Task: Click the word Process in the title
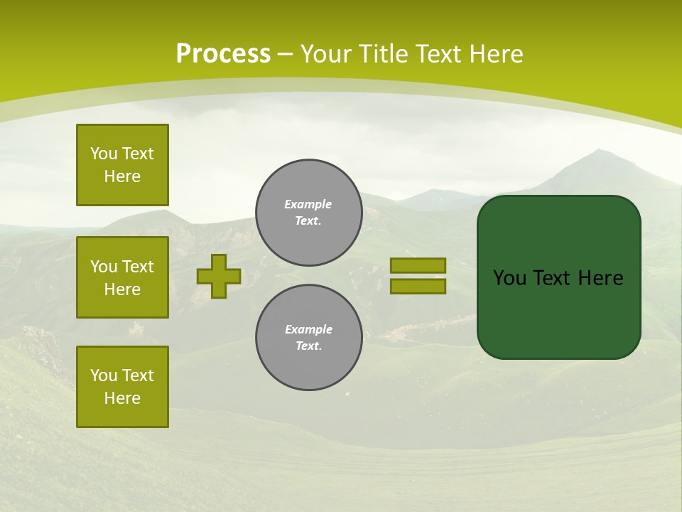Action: point(223,54)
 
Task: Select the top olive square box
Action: point(122,165)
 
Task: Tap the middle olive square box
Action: point(122,277)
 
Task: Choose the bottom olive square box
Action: point(122,387)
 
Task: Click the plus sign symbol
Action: point(219,276)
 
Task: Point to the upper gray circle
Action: point(308,213)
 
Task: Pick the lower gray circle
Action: point(308,338)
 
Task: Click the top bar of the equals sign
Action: point(418,265)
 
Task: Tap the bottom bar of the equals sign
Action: point(418,286)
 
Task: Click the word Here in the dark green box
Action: point(600,278)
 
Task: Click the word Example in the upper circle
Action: point(308,204)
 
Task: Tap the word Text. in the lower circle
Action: point(308,346)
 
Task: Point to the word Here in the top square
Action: point(122,176)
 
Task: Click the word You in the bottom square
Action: point(104,375)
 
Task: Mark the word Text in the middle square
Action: point(138,267)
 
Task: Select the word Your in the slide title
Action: point(327,54)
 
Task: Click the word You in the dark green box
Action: point(509,278)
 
